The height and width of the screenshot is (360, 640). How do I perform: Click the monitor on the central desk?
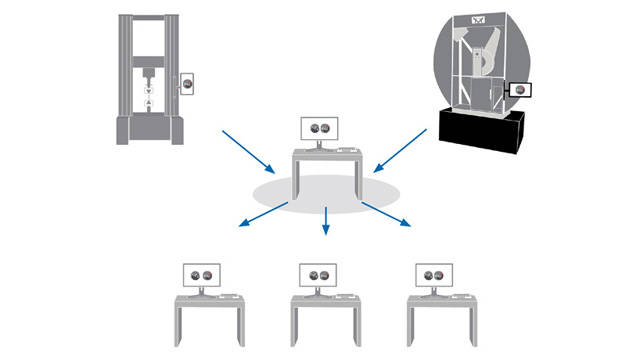[322, 127]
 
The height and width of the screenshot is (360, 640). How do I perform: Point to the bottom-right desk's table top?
[441, 300]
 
